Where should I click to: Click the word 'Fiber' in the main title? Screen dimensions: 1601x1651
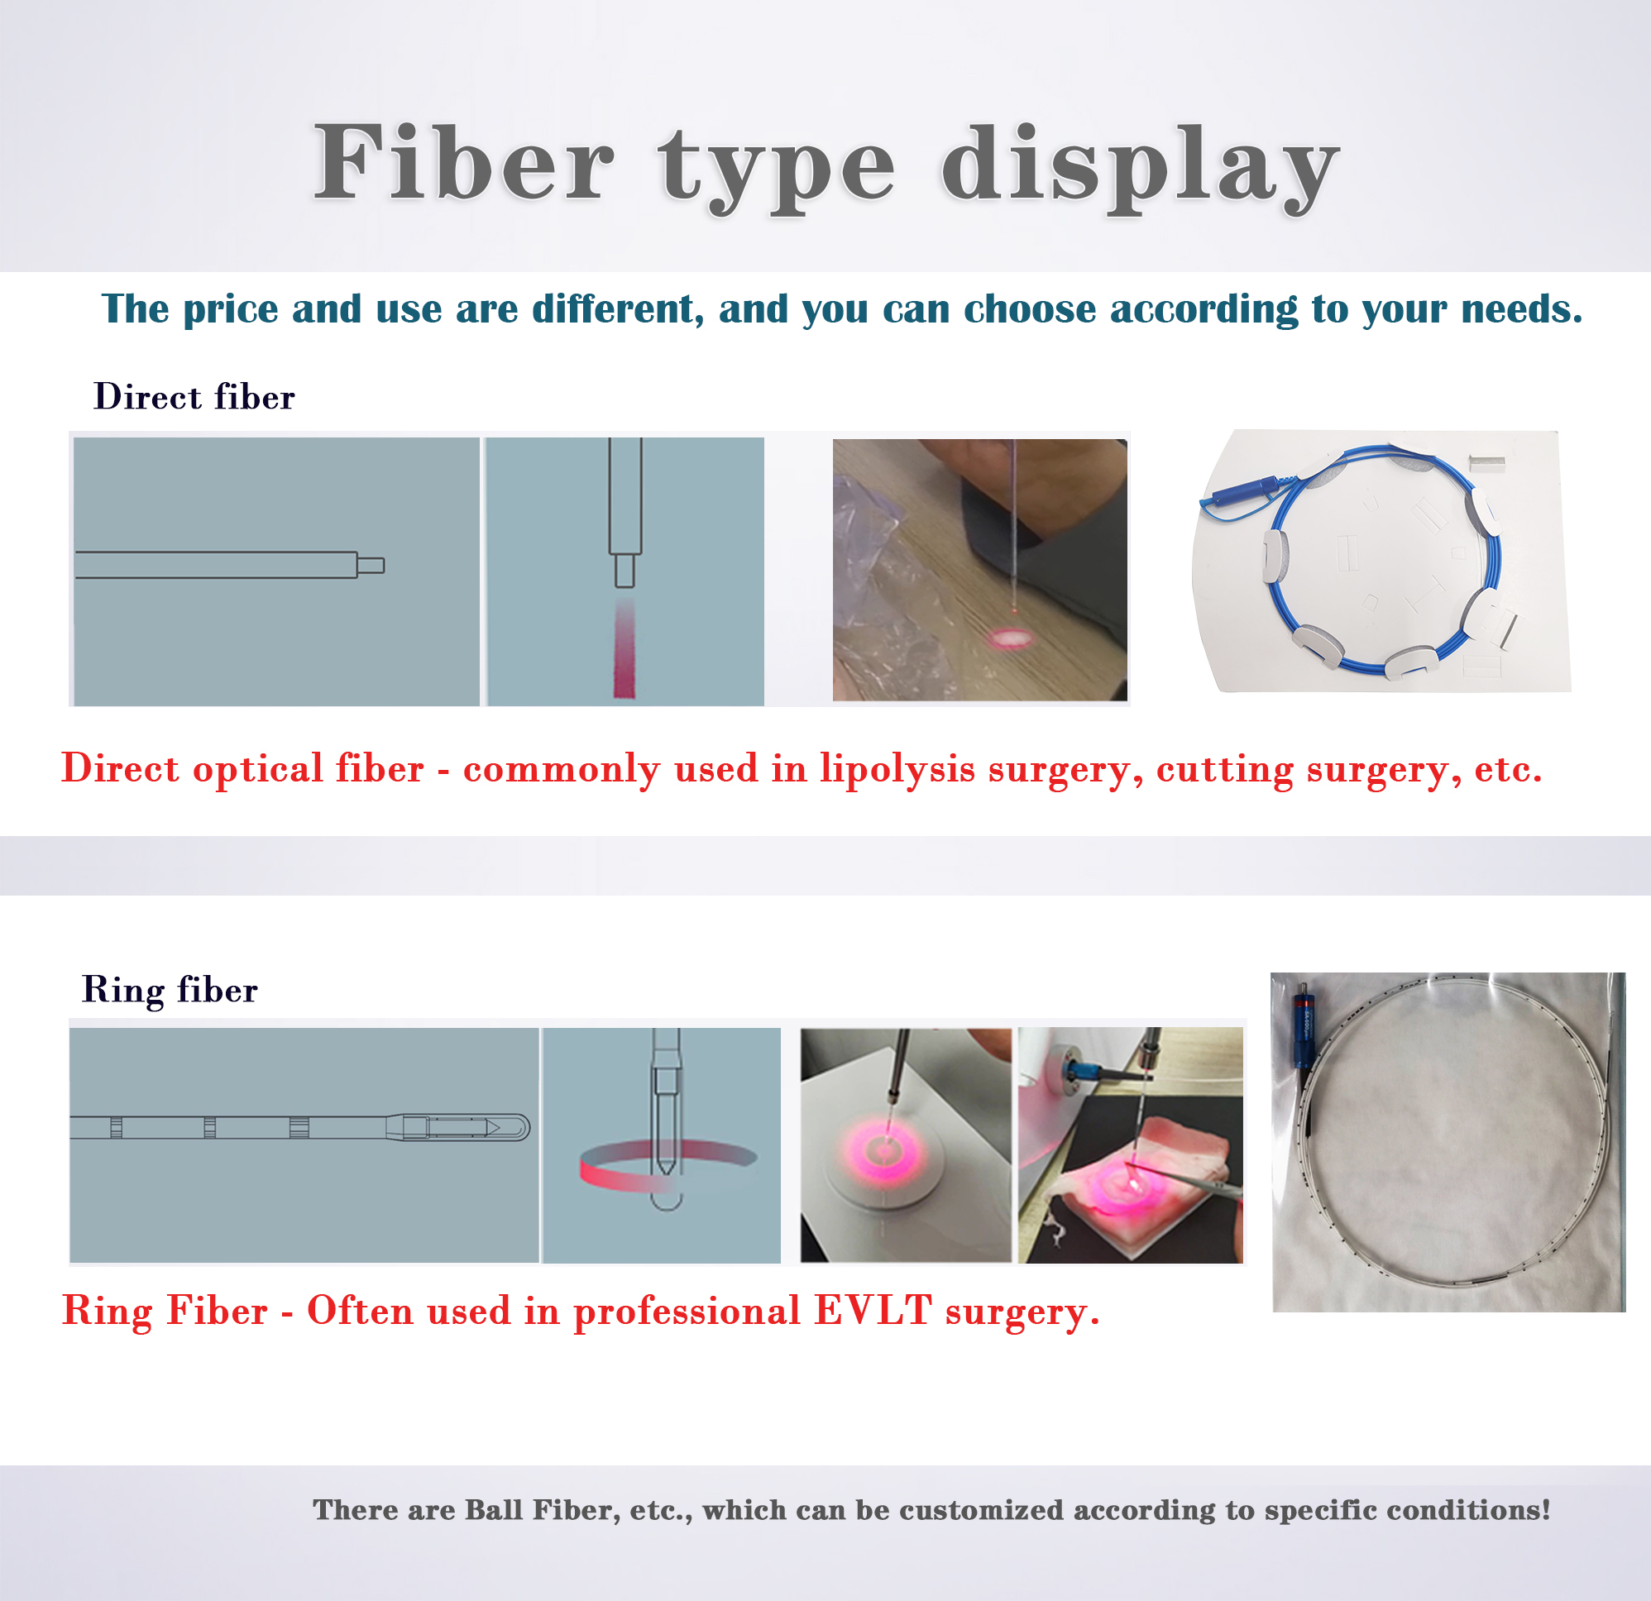(x=463, y=164)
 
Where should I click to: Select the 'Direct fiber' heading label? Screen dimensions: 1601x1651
(x=194, y=397)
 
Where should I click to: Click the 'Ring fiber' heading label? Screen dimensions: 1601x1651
(x=170, y=990)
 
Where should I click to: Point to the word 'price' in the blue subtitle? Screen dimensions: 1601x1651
(x=230, y=309)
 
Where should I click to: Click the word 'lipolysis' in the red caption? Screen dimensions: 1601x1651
(x=897, y=769)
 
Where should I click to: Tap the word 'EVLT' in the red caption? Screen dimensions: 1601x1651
(x=873, y=1311)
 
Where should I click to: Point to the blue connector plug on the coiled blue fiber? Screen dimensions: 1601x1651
(x=1243, y=491)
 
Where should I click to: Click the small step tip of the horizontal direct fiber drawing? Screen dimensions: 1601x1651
(x=371, y=565)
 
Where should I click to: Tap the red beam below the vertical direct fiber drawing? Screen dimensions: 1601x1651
(x=625, y=648)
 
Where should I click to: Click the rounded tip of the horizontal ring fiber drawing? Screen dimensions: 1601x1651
(x=515, y=1127)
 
